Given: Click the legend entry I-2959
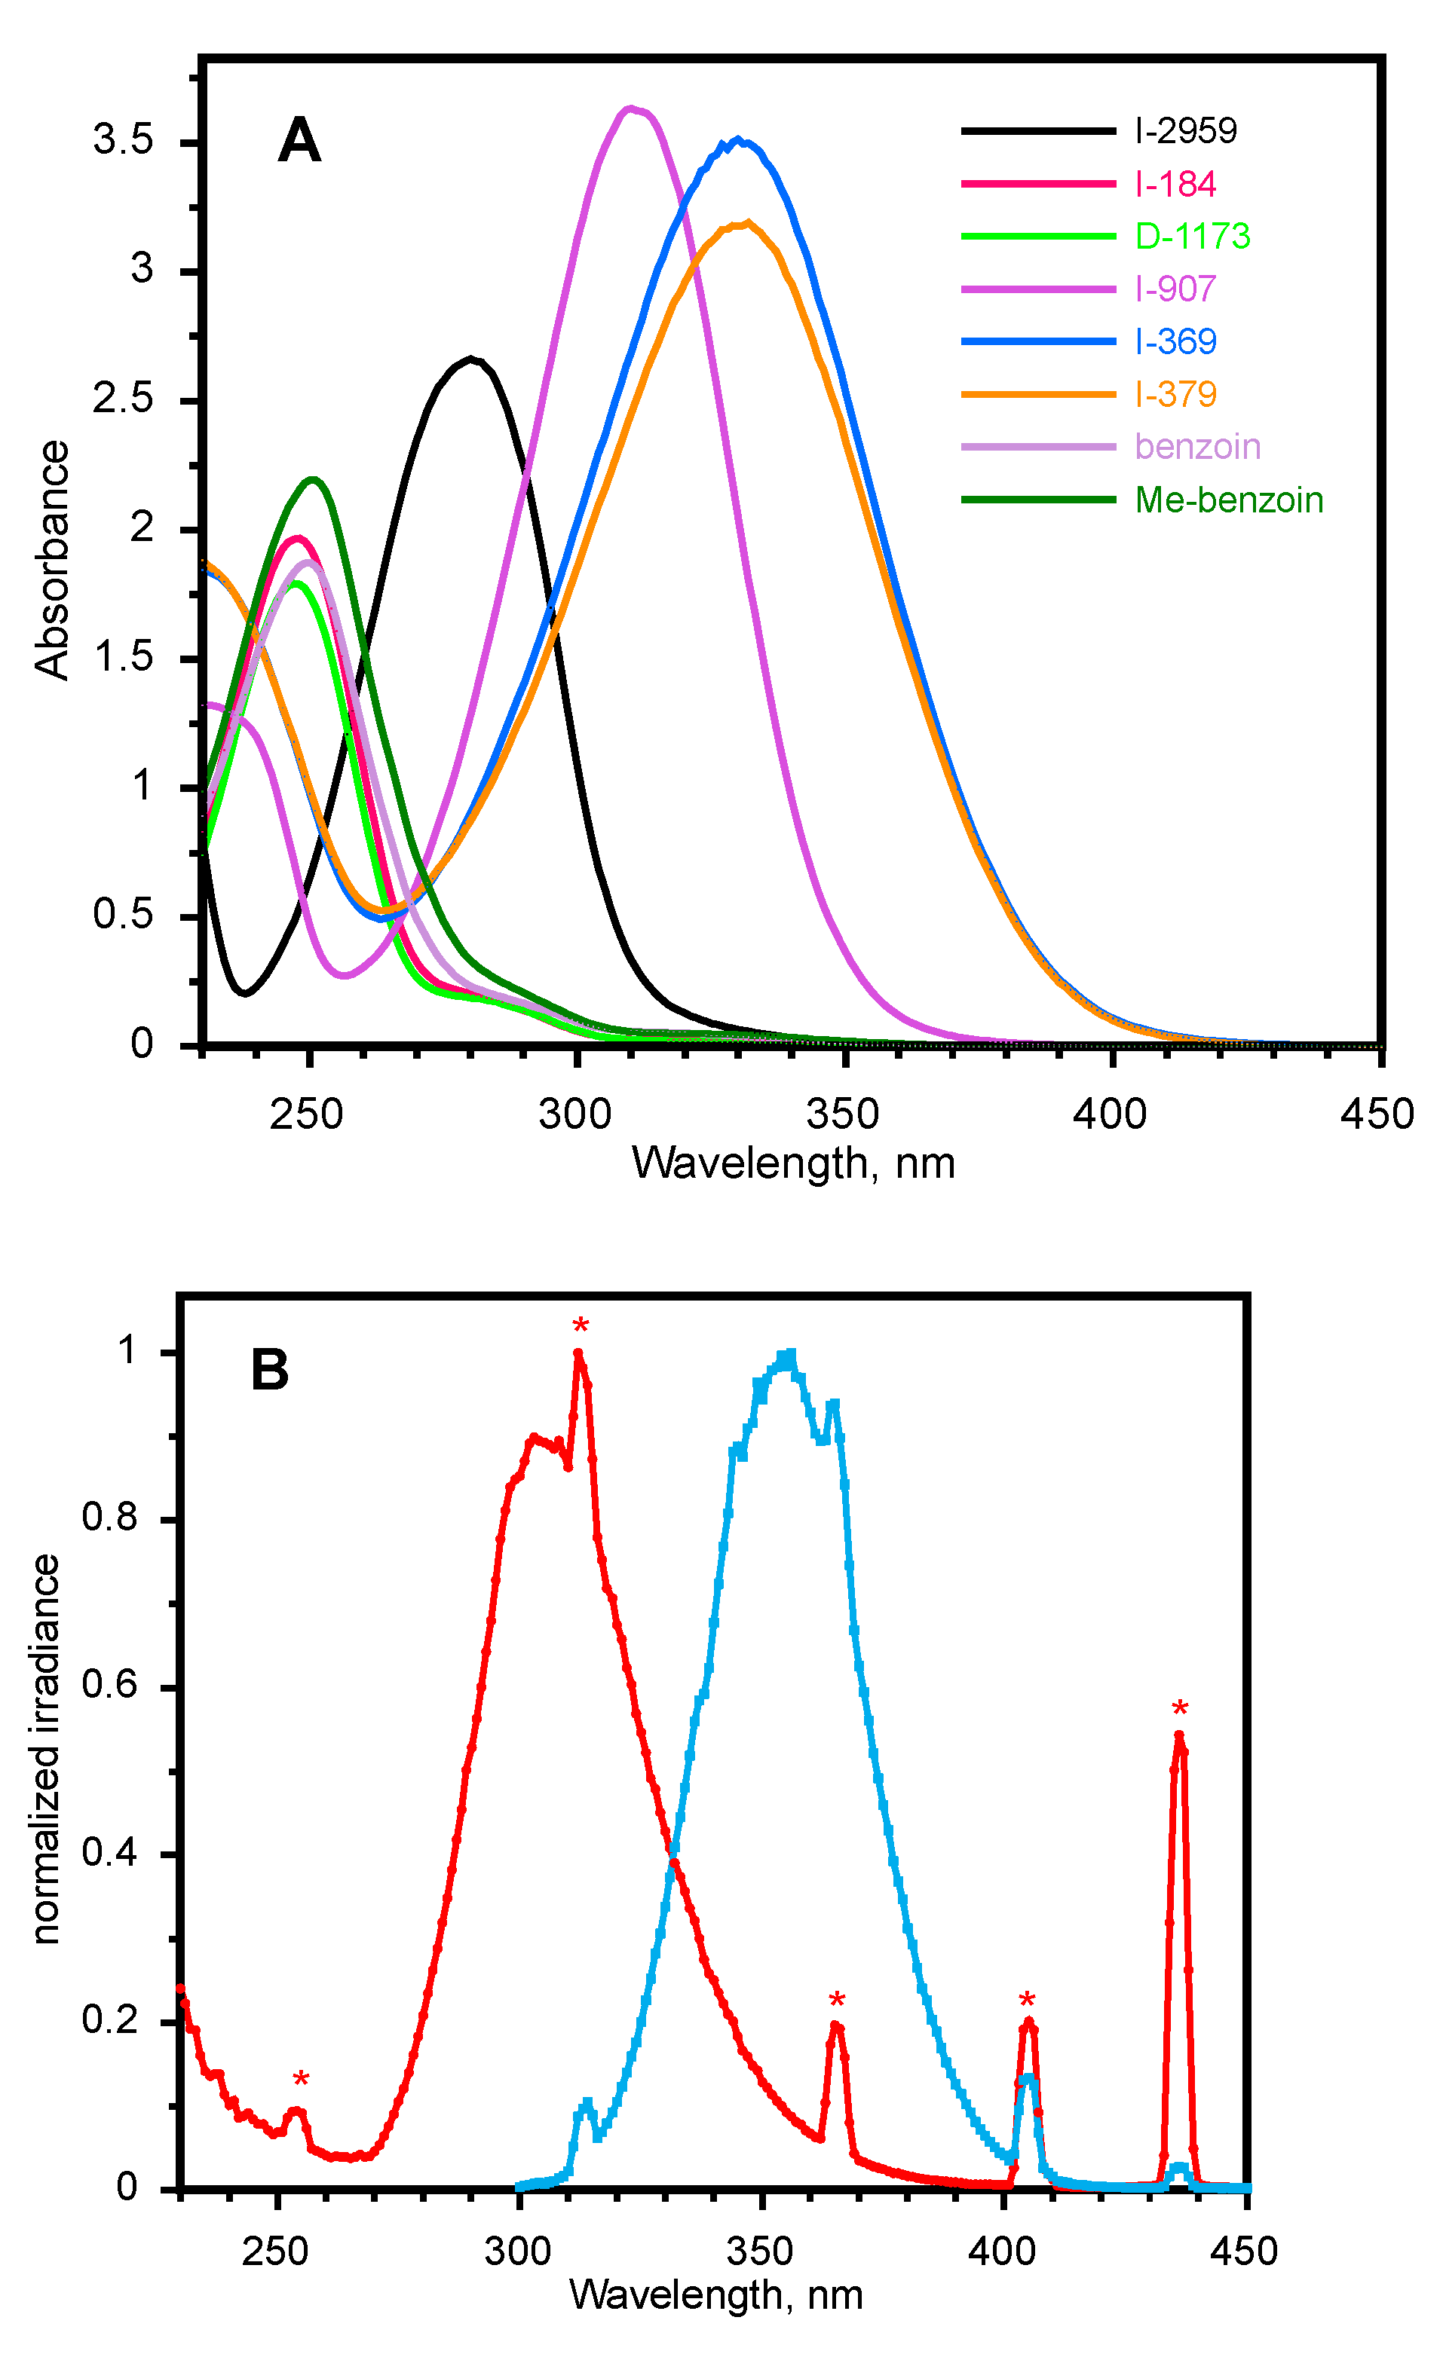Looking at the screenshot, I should (x=1184, y=131).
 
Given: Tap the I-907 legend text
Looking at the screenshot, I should (x=1175, y=289).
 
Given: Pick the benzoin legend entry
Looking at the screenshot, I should (x=1197, y=447).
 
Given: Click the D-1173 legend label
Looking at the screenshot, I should (x=1191, y=237).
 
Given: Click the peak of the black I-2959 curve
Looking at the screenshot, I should (x=470, y=359).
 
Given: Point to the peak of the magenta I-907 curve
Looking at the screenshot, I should (x=630, y=108).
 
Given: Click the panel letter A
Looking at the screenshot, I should (x=299, y=142).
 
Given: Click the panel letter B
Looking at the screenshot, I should (x=269, y=1370).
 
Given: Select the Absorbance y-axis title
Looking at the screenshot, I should (x=53, y=560).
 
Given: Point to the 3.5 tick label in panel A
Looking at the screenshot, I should (x=122, y=141).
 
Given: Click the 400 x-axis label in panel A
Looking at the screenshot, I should (x=1109, y=1114).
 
